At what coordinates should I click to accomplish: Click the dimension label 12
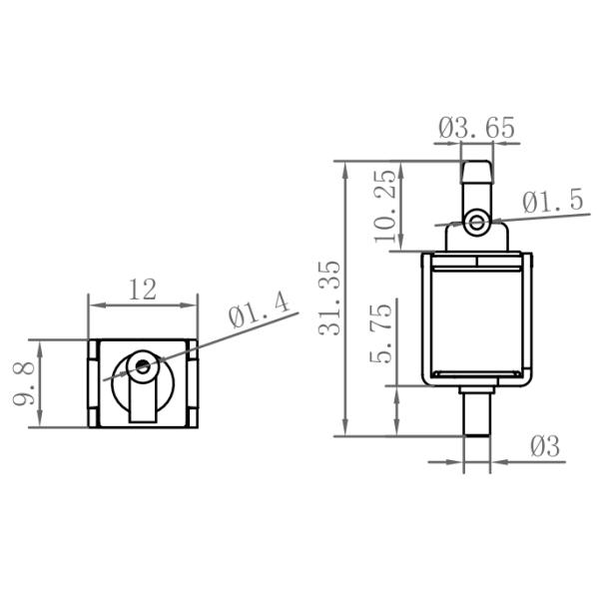click(143, 290)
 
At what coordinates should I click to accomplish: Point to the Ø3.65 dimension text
click(476, 128)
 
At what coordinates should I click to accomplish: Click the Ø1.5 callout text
click(552, 202)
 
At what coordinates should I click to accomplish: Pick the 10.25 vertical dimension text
click(383, 205)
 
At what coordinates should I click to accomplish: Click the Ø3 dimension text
click(544, 446)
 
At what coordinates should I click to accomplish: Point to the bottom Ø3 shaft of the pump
click(477, 411)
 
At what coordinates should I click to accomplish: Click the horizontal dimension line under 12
click(143, 305)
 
